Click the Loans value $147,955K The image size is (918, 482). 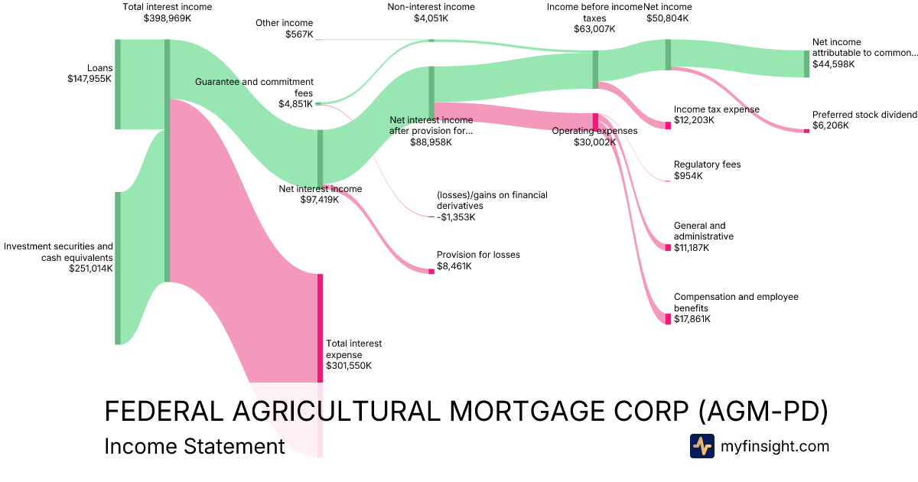point(90,78)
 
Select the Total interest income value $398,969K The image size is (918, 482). point(167,18)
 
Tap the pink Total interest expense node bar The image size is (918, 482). point(320,327)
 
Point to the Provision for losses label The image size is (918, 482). point(478,255)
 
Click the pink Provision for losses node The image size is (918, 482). point(431,271)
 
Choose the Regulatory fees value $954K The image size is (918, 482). point(688,176)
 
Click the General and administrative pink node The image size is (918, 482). point(668,247)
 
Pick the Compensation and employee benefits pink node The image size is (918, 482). point(668,318)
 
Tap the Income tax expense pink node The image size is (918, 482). point(668,125)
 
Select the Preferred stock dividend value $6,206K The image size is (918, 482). point(830,125)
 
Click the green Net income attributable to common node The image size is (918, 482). point(806,64)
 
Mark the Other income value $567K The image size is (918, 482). point(298,34)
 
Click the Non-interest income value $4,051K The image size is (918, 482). point(431,18)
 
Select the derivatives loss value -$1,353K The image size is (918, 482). point(456,217)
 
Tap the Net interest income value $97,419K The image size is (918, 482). point(320,200)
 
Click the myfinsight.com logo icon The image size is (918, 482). point(702,446)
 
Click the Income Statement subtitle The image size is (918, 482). point(194,446)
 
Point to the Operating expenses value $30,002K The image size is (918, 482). point(594,142)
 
